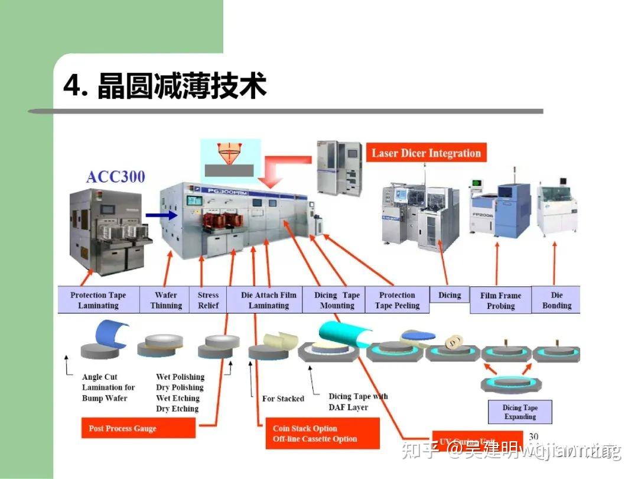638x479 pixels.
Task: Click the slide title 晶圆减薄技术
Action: click(165, 86)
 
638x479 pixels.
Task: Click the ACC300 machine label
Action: click(115, 177)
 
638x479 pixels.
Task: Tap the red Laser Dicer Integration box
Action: click(426, 153)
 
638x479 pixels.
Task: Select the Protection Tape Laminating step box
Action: click(98, 300)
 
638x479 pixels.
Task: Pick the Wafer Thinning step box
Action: click(166, 300)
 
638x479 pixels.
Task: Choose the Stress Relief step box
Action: click(208, 300)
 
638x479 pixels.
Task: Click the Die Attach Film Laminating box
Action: click(268, 300)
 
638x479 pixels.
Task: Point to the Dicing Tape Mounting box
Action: click(337, 300)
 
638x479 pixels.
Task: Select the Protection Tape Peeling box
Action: click(397, 300)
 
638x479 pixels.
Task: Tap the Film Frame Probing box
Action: click(500, 300)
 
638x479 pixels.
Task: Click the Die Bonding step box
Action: click(556, 300)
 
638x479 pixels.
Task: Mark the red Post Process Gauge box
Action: click(138, 428)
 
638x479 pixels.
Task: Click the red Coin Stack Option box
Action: click(318, 433)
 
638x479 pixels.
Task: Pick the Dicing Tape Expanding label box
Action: click(519, 412)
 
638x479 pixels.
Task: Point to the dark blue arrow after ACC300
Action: click(162, 215)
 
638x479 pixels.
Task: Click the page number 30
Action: click(533, 436)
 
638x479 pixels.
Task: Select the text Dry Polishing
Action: click(180, 387)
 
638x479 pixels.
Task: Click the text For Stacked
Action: click(283, 399)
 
